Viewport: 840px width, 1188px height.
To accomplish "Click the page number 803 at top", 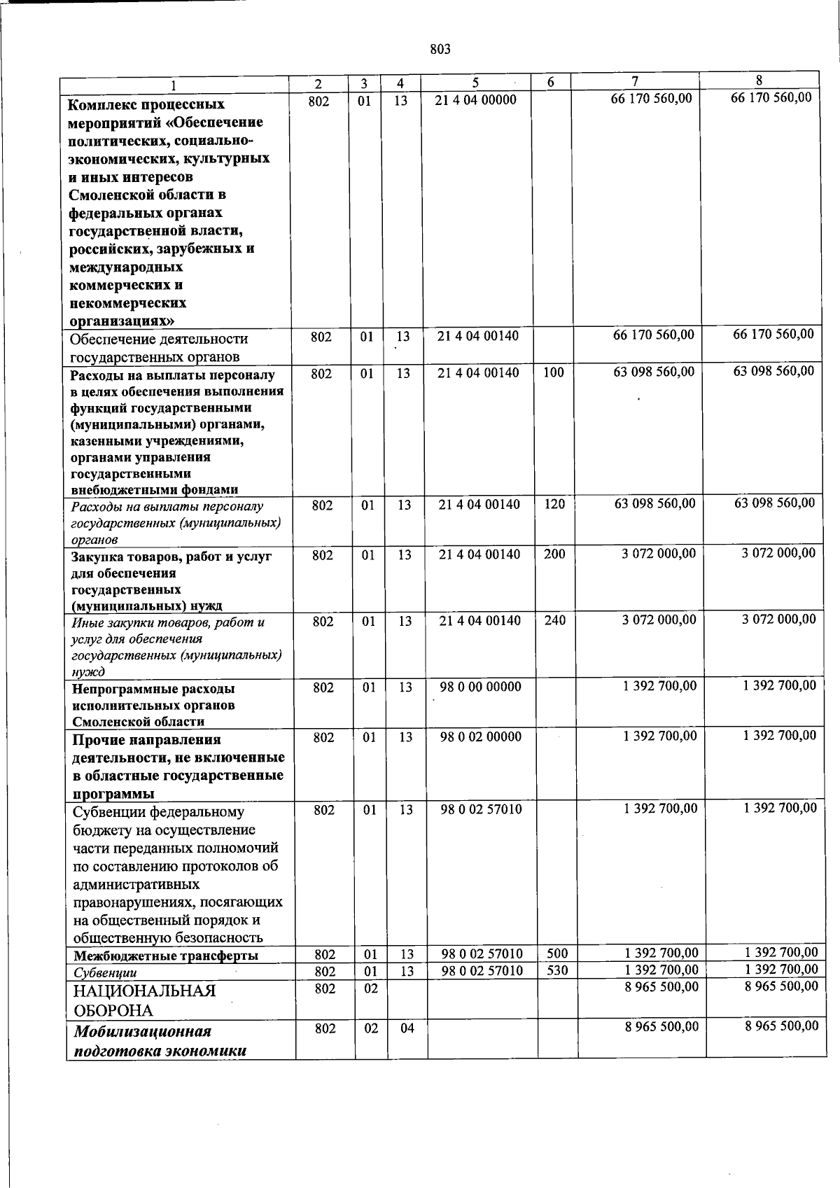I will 440,49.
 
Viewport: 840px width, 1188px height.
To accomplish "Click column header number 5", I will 475,82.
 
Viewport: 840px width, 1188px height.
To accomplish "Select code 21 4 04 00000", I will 475,100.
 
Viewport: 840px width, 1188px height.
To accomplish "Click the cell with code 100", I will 553,373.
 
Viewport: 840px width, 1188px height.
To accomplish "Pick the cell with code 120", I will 554,504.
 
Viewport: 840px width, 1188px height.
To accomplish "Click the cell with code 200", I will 554,554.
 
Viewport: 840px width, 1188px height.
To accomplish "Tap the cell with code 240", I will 555,620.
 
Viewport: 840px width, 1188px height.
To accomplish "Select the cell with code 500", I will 557,953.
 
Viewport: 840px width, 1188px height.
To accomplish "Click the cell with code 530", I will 557,971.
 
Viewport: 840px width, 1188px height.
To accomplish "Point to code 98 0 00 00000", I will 480,687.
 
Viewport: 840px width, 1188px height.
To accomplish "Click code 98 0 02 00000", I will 480,736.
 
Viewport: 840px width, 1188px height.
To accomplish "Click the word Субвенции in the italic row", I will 105,972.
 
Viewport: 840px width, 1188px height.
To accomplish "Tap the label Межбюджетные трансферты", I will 166,956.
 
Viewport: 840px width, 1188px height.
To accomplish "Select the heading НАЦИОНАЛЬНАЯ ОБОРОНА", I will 143,1000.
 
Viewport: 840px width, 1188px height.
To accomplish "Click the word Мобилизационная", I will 143,1031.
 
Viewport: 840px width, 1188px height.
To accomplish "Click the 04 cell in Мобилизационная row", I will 407,1028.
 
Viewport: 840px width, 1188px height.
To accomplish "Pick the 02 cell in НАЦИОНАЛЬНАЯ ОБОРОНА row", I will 370,988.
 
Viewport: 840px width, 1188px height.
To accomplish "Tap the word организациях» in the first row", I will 121,321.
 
